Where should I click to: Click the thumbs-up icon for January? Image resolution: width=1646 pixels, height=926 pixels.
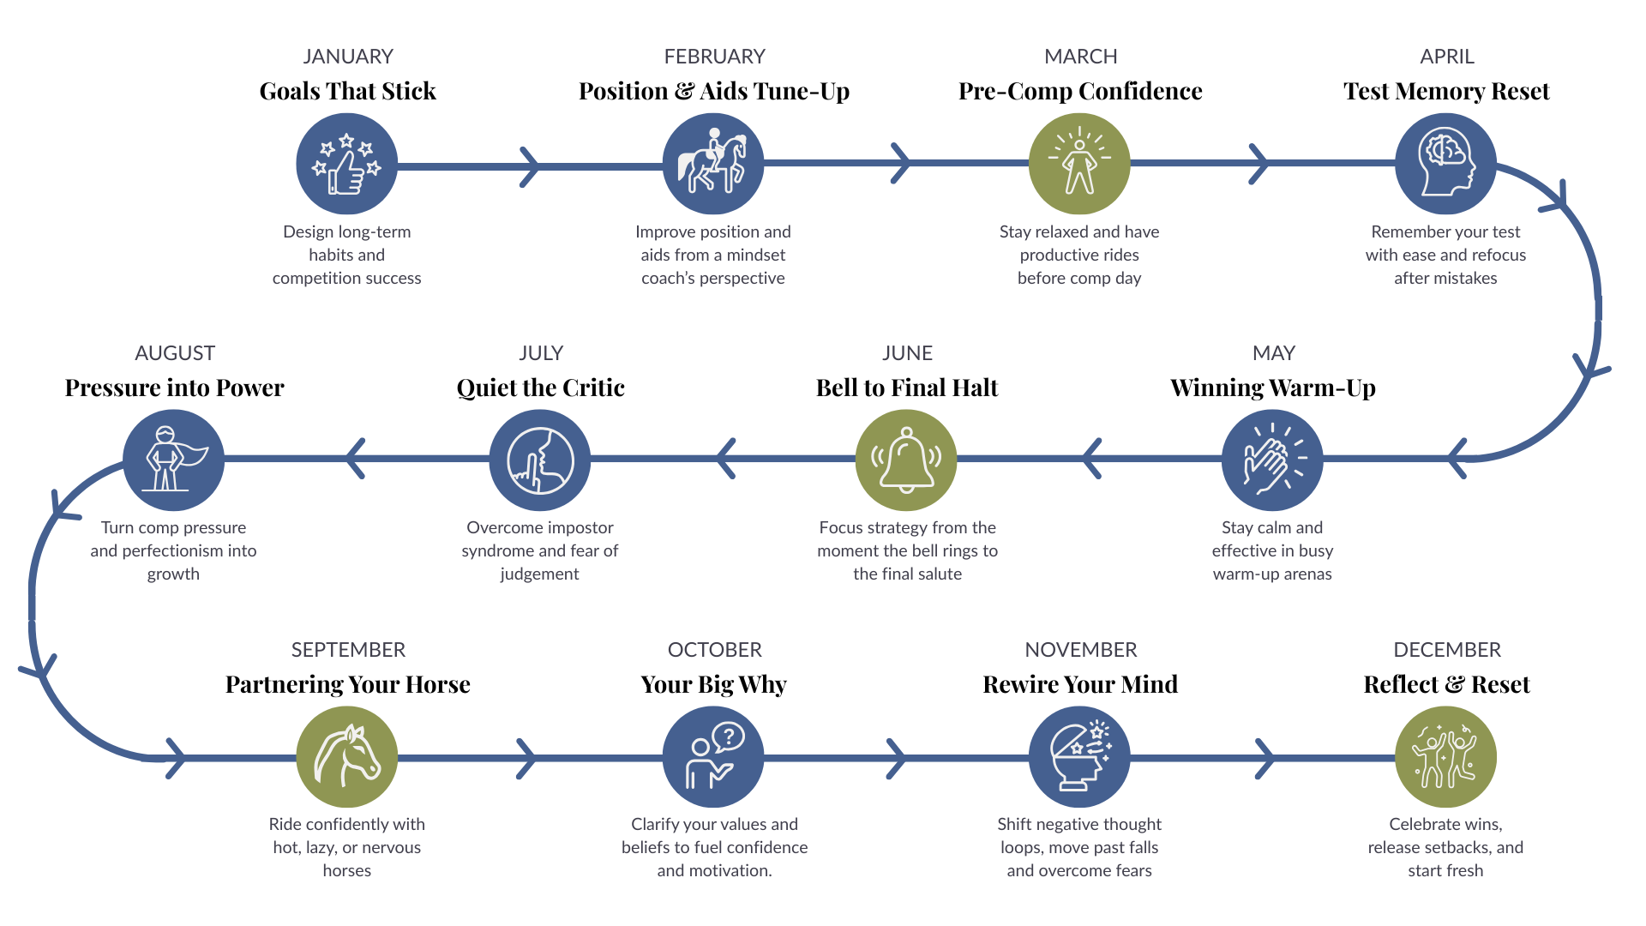(x=347, y=164)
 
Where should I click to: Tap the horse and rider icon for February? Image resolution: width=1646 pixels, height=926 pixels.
(x=713, y=164)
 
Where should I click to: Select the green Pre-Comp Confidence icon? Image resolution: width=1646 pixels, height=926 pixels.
(x=1079, y=164)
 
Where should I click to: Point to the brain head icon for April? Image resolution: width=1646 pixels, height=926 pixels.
(x=1445, y=164)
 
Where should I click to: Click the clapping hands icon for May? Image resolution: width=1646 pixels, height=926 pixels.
(x=1272, y=460)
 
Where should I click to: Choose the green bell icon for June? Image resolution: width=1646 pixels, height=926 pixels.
(x=906, y=460)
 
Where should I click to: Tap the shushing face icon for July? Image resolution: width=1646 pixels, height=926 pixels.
(x=540, y=460)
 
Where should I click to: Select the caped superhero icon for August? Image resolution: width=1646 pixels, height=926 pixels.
(x=173, y=460)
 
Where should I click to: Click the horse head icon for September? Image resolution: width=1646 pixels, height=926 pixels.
(x=347, y=757)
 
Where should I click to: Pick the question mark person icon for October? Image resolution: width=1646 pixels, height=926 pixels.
(x=713, y=757)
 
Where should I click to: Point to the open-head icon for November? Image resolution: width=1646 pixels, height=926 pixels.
(x=1079, y=757)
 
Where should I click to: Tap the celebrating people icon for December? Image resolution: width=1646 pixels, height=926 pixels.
(x=1445, y=757)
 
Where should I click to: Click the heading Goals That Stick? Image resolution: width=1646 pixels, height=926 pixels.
(x=347, y=91)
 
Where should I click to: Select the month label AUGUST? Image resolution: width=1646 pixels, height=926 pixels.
(x=175, y=353)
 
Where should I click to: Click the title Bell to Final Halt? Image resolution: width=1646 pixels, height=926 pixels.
(x=907, y=388)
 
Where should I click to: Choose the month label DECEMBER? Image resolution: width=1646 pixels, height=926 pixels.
(x=1447, y=650)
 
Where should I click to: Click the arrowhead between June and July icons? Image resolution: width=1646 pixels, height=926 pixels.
(x=725, y=459)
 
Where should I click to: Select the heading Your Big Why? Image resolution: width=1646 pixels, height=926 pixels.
(x=713, y=684)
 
